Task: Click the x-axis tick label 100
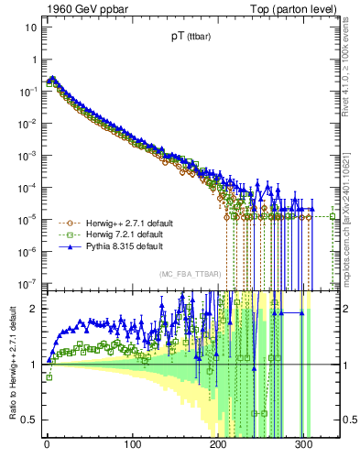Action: [133, 446]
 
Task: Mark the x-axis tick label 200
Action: [218, 446]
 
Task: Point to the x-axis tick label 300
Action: [304, 446]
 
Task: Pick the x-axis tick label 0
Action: [47, 446]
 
